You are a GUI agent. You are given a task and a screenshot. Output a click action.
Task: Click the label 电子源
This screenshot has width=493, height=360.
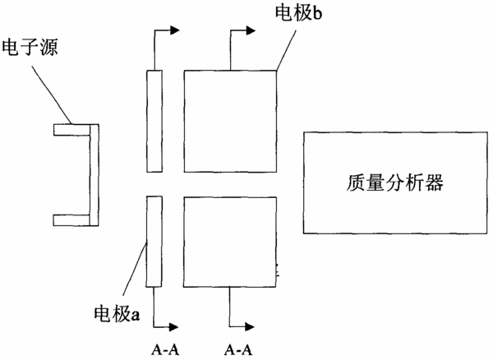[x=30, y=48]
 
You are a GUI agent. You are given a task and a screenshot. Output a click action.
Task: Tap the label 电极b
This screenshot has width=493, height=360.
[x=299, y=13]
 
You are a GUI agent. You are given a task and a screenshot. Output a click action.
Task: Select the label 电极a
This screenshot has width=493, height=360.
[x=117, y=313]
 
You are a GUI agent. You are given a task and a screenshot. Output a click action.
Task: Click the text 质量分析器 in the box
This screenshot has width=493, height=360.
[x=395, y=182]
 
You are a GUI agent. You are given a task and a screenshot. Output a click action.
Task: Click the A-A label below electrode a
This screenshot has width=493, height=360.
[x=165, y=349]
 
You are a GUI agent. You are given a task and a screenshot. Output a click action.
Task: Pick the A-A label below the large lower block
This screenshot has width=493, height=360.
[x=238, y=349]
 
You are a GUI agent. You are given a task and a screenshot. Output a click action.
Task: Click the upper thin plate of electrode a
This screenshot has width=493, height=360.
[x=154, y=121]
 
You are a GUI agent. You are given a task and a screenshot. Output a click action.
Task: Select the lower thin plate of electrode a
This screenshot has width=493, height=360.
[x=154, y=242]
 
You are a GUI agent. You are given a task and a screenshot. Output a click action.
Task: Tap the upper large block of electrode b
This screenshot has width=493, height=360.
[x=230, y=121]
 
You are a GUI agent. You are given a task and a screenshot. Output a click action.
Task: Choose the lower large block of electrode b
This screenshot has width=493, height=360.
[x=230, y=242]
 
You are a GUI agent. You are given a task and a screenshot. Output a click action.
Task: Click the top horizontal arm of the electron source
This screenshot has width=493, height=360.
[x=71, y=130]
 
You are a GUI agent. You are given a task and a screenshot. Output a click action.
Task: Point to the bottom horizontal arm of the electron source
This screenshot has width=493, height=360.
[x=71, y=220]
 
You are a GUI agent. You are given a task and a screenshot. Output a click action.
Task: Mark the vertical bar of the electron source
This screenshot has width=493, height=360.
[x=94, y=175]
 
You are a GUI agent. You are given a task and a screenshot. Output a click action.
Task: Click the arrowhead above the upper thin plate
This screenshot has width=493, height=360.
[x=175, y=30]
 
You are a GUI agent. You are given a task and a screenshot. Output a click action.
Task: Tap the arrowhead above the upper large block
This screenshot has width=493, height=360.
[x=251, y=30]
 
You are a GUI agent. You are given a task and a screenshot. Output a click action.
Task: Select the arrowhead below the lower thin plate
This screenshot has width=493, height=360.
[x=174, y=327]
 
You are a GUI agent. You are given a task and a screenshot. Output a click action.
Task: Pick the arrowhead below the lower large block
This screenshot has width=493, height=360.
[x=250, y=327]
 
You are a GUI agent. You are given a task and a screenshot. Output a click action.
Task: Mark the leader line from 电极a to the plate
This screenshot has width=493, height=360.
[x=134, y=269]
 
